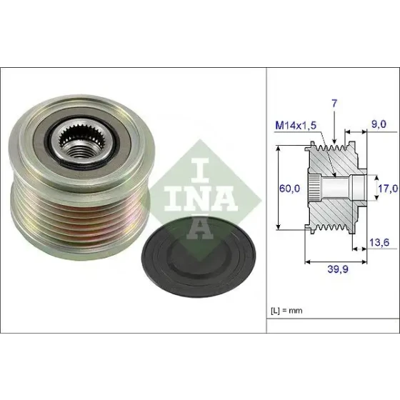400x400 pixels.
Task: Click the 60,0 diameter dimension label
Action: (x=289, y=189)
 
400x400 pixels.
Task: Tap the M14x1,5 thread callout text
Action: (x=296, y=125)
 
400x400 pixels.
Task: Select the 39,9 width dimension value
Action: (x=337, y=269)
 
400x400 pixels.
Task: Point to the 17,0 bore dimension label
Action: (x=388, y=189)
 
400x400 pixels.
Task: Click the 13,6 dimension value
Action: (x=379, y=242)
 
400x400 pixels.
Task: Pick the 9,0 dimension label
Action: (x=379, y=124)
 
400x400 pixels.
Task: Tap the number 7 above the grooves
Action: (x=334, y=104)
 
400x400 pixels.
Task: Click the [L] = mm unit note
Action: (x=286, y=311)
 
